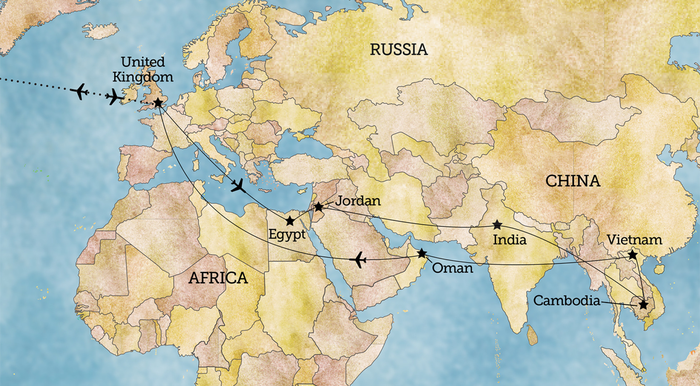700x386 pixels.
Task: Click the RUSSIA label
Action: pos(399,50)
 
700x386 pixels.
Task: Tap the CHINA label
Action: pos(572,181)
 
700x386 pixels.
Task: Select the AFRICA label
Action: pos(218,278)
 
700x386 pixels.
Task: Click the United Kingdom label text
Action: pos(143,70)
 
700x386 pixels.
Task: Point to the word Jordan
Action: pos(358,201)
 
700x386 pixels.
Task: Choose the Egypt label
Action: pos(287,235)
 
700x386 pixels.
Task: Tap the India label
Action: pos(509,240)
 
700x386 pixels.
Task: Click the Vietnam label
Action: pos(634,240)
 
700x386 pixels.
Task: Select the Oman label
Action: pos(452,268)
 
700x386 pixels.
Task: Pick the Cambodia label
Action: pos(566,301)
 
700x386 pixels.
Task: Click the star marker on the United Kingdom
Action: pos(158,103)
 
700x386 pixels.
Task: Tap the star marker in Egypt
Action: pos(290,221)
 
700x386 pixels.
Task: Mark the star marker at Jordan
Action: pos(318,207)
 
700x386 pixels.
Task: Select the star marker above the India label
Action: pos(497,225)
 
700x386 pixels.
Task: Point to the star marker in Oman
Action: pos(422,253)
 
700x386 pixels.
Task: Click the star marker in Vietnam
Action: pos(632,255)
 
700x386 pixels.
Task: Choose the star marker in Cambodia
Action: pos(643,305)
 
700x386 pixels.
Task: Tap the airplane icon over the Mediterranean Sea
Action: pos(238,185)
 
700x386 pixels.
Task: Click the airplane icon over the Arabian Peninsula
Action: pos(358,259)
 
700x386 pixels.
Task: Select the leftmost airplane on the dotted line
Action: pos(80,91)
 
